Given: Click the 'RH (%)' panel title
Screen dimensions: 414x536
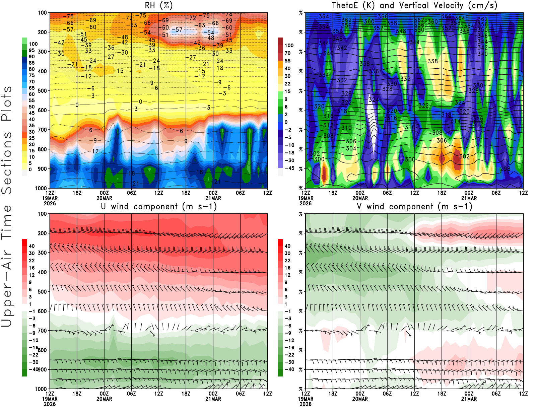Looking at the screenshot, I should point(158,5).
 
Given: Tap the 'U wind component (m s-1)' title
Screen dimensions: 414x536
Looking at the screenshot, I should point(159,207).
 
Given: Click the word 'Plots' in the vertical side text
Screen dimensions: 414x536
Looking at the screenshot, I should point(7,104).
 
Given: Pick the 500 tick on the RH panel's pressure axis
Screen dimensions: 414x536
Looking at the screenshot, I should point(43,91).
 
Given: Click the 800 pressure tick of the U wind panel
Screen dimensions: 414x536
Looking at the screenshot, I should point(43,350).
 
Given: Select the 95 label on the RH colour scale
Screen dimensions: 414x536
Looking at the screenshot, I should point(31,50).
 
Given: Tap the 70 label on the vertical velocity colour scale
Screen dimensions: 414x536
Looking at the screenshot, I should point(287,53).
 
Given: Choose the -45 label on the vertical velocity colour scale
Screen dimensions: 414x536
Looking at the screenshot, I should point(289,168).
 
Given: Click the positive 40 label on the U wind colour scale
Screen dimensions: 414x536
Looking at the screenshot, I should point(32,246).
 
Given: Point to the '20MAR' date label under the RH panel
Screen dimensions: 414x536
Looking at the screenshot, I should point(104,198).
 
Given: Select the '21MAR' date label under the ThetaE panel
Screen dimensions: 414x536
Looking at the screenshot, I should point(469,198).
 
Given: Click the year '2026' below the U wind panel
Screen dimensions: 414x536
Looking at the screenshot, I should point(50,404).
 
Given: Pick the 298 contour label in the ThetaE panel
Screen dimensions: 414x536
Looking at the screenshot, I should point(505,169).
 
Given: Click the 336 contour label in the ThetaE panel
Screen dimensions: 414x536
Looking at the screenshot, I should point(374,71).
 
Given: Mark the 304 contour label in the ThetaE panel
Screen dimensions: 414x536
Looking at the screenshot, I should point(351,148).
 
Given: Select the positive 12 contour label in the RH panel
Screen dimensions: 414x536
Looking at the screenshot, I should point(95,151).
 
